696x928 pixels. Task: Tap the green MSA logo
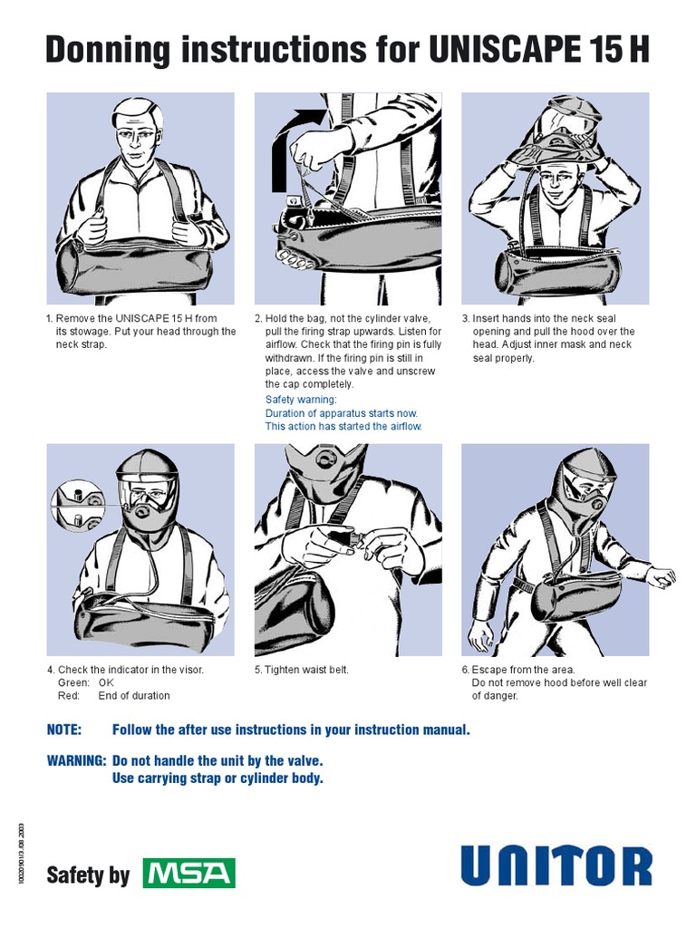coord(189,875)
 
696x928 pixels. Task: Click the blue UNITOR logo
coord(556,865)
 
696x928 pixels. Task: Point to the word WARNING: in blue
coord(76,761)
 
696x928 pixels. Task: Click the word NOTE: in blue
coord(64,730)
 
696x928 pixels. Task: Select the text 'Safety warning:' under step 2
coord(301,400)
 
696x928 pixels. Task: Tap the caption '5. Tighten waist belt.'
coord(301,670)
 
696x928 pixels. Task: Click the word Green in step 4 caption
coord(72,682)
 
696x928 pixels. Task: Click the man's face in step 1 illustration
coord(137,140)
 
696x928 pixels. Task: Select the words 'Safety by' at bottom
coord(88,875)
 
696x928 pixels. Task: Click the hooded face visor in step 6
coord(580,490)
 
